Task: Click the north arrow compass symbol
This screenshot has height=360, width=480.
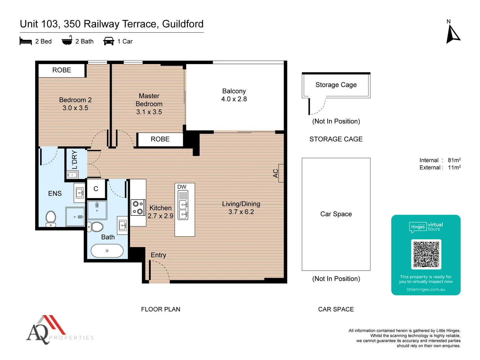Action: pos(453,35)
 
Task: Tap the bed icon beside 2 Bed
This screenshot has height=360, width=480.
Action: pos(26,41)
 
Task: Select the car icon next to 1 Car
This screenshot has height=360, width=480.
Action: pos(109,41)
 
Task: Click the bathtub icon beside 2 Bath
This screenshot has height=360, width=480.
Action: pos(67,41)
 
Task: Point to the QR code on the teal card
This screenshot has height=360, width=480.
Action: pos(426,254)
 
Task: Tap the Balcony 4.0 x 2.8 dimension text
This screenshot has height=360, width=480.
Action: pos(234,99)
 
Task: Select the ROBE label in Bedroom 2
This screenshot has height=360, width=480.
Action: pos(62,70)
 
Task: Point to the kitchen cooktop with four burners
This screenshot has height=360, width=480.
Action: pos(138,208)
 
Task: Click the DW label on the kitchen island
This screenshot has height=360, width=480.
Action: pos(182,187)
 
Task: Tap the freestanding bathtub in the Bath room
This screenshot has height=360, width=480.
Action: pos(107,251)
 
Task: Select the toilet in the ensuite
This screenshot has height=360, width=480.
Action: pos(51,218)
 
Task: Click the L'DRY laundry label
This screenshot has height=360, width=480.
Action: pos(74,160)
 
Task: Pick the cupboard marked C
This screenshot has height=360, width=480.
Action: pos(96,189)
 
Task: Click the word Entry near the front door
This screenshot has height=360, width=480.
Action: pos(158,255)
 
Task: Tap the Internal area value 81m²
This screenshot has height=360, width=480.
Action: pos(454,160)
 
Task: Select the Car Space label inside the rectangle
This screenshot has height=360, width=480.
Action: pos(336,214)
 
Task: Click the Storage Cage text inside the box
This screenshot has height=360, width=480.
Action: pos(336,85)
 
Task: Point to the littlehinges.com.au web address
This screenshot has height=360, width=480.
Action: pos(426,289)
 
